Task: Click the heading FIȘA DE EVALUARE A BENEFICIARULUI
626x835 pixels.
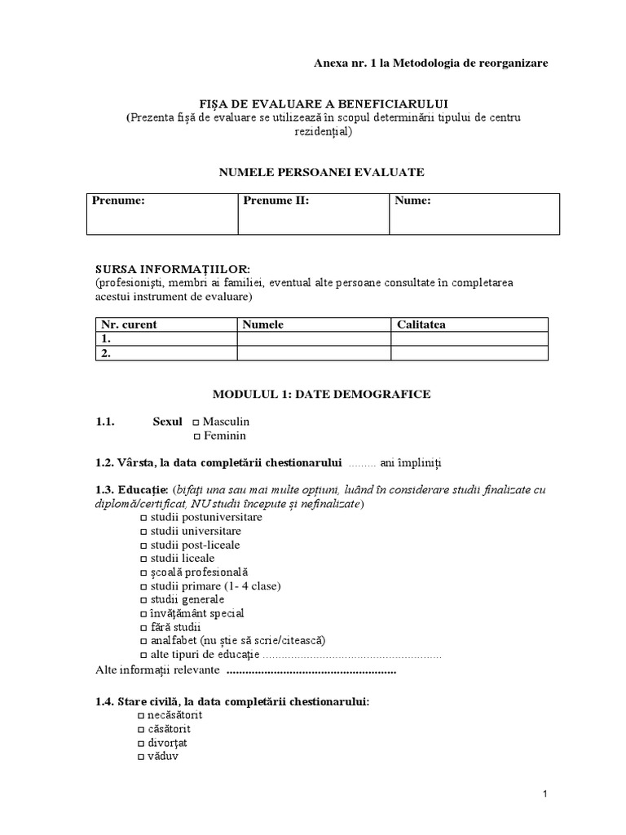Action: (322, 104)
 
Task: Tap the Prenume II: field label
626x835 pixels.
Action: (276, 201)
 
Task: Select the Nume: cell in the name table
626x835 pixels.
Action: (413, 201)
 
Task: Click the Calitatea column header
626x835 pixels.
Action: (421, 325)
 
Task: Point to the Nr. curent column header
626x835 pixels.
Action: (129, 325)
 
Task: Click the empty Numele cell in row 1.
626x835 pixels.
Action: (314, 339)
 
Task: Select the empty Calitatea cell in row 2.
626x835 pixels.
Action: (475, 354)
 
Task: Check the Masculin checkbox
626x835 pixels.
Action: (196, 422)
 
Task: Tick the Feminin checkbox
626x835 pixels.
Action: (196, 436)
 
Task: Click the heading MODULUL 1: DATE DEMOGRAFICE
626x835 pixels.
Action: (321, 394)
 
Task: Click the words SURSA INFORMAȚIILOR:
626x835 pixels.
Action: (172, 269)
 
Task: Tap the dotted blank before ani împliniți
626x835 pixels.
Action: (361, 464)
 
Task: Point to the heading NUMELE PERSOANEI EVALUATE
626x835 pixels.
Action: (321, 172)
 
